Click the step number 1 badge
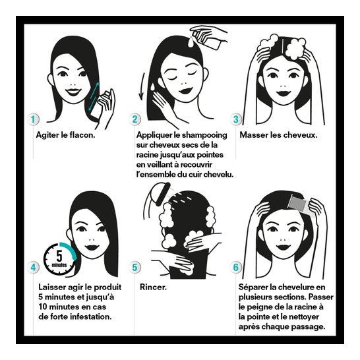[33, 119]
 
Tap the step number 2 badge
[135, 119]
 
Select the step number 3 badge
[236, 119]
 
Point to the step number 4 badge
[33, 268]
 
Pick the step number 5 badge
[135, 268]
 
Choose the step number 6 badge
[236, 268]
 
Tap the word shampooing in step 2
[204, 135]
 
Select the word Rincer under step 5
[153, 287]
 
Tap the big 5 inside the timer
[59, 256]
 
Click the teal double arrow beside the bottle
[94, 97]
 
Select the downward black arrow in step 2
[142, 87]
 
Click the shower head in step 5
[163, 194]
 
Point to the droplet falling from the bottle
[191, 42]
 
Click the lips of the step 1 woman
[73, 92]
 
